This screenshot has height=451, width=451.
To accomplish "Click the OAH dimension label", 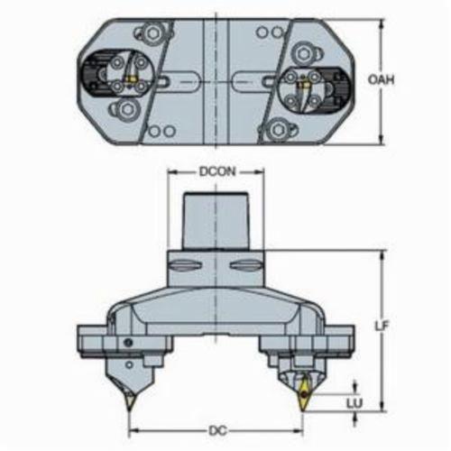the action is [x=381, y=80].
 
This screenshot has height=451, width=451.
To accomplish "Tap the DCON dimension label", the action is [x=217, y=171].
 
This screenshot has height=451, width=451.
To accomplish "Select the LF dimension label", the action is [x=382, y=326].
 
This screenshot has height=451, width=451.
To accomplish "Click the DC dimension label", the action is [x=217, y=431].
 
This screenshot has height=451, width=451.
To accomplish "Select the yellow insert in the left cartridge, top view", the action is [x=131, y=79].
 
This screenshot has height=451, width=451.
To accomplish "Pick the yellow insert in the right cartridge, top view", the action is [x=303, y=86].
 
